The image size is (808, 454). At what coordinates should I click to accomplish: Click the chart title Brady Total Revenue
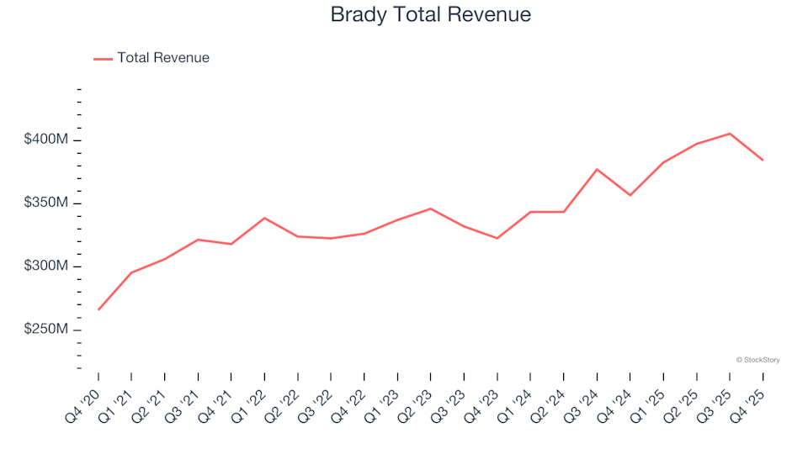[x=430, y=15]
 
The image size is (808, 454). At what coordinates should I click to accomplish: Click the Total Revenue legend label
[x=163, y=58]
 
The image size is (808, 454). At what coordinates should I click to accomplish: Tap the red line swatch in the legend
[x=102, y=59]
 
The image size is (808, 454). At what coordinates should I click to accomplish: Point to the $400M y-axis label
[x=45, y=139]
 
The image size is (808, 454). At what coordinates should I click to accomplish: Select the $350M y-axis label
[x=45, y=203]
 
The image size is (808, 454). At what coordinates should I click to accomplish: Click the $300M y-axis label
[x=45, y=266]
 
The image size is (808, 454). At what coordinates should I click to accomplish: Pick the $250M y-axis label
[x=45, y=330]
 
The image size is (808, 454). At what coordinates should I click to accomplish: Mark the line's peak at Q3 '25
[x=730, y=133]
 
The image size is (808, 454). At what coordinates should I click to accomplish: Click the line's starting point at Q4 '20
[x=98, y=309]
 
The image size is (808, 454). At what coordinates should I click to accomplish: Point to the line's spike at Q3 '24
[x=597, y=169]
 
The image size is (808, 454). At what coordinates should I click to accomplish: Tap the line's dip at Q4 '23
[x=497, y=238]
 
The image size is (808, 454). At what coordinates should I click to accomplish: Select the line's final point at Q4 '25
[x=763, y=160]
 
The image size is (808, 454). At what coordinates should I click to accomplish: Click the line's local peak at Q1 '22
[x=264, y=218]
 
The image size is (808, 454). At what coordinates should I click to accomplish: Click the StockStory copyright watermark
[x=757, y=360]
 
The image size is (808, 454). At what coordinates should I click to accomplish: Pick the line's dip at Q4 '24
[x=630, y=195]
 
